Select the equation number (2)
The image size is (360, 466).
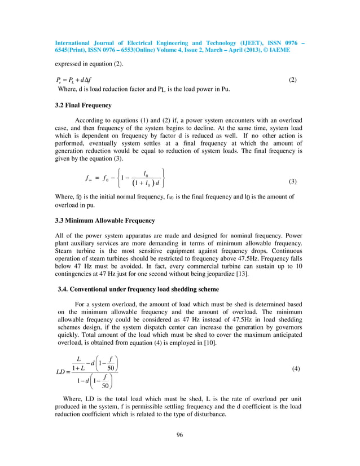(x=292, y=80)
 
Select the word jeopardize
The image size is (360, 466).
(x=204, y=274)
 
